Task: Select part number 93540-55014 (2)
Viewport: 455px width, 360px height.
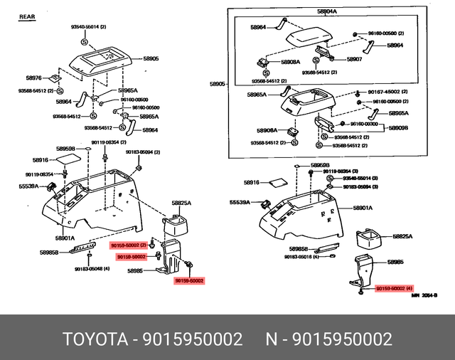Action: click(88, 26)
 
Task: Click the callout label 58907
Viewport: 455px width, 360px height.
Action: click(355, 59)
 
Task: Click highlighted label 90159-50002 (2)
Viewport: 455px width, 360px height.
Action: click(128, 245)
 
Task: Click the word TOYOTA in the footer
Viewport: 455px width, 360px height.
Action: click(92, 338)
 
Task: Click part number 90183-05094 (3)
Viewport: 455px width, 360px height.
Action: click(360, 186)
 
